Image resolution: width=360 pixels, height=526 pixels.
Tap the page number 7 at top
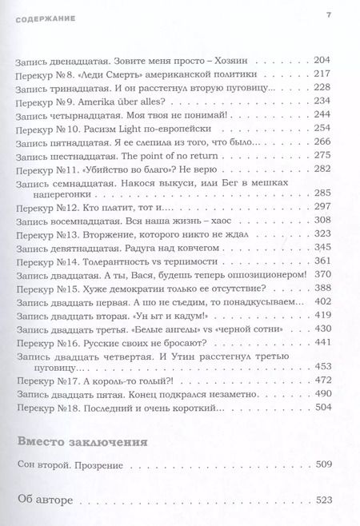pos(328,17)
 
